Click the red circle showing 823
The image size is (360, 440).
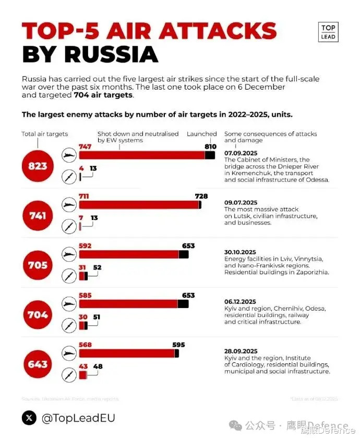pyautogui.click(x=38, y=166)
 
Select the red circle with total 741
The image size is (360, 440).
pyautogui.click(x=38, y=215)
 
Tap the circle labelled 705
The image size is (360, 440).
pyautogui.click(x=38, y=265)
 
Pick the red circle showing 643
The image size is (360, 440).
pyautogui.click(x=38, y=364)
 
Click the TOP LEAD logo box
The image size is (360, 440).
pyautogui.click(x=328, y=32)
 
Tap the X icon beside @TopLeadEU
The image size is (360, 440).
pyautogui.click(x=29, y=418)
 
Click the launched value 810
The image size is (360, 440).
pyautogui.click(x=211, y=146)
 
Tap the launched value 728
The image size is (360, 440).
pyautogui.click(x=201, y=196)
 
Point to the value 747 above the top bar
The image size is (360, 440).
pyautogui.click(x=85, y=146)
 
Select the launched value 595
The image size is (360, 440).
pyautogui.click(x=178, y=345)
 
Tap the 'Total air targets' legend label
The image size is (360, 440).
pyautogui.click(x=45, y=134)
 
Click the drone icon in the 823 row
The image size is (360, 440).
pyautogui.click(x=68, y=155)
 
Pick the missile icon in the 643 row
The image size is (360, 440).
pyautogui.click(x=68, y=374)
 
